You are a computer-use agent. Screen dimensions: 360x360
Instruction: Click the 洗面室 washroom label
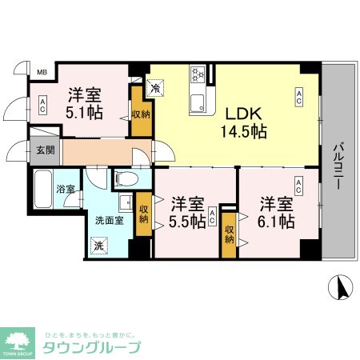[110, 221]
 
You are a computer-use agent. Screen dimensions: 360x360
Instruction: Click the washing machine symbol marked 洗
[100, 246]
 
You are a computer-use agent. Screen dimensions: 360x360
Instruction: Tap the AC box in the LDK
[298, 97]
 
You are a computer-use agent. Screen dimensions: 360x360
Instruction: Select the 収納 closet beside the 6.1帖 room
[230, 234]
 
